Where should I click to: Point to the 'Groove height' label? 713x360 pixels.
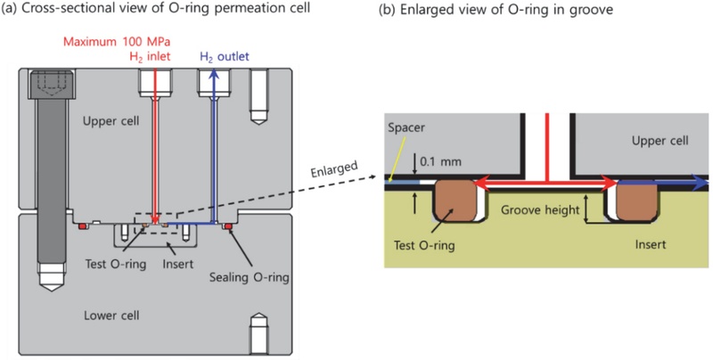537,211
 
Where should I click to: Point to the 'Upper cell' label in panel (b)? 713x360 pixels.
654,142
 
